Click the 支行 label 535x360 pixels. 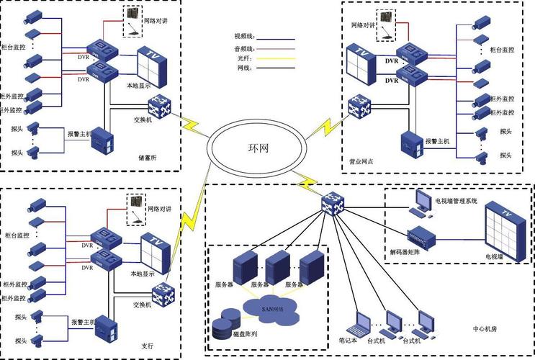click(x=148, y=346)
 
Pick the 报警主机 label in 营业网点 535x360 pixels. click(x=437, y=141)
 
